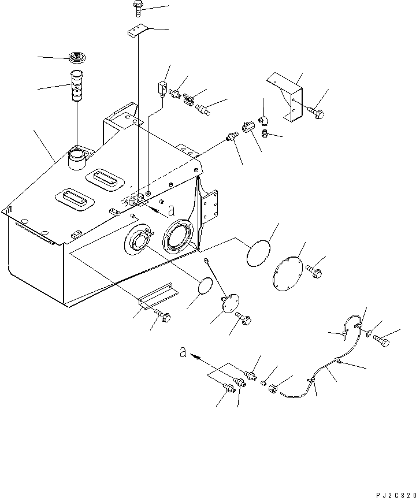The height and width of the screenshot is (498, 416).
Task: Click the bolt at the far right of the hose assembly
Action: pos(382,341)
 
